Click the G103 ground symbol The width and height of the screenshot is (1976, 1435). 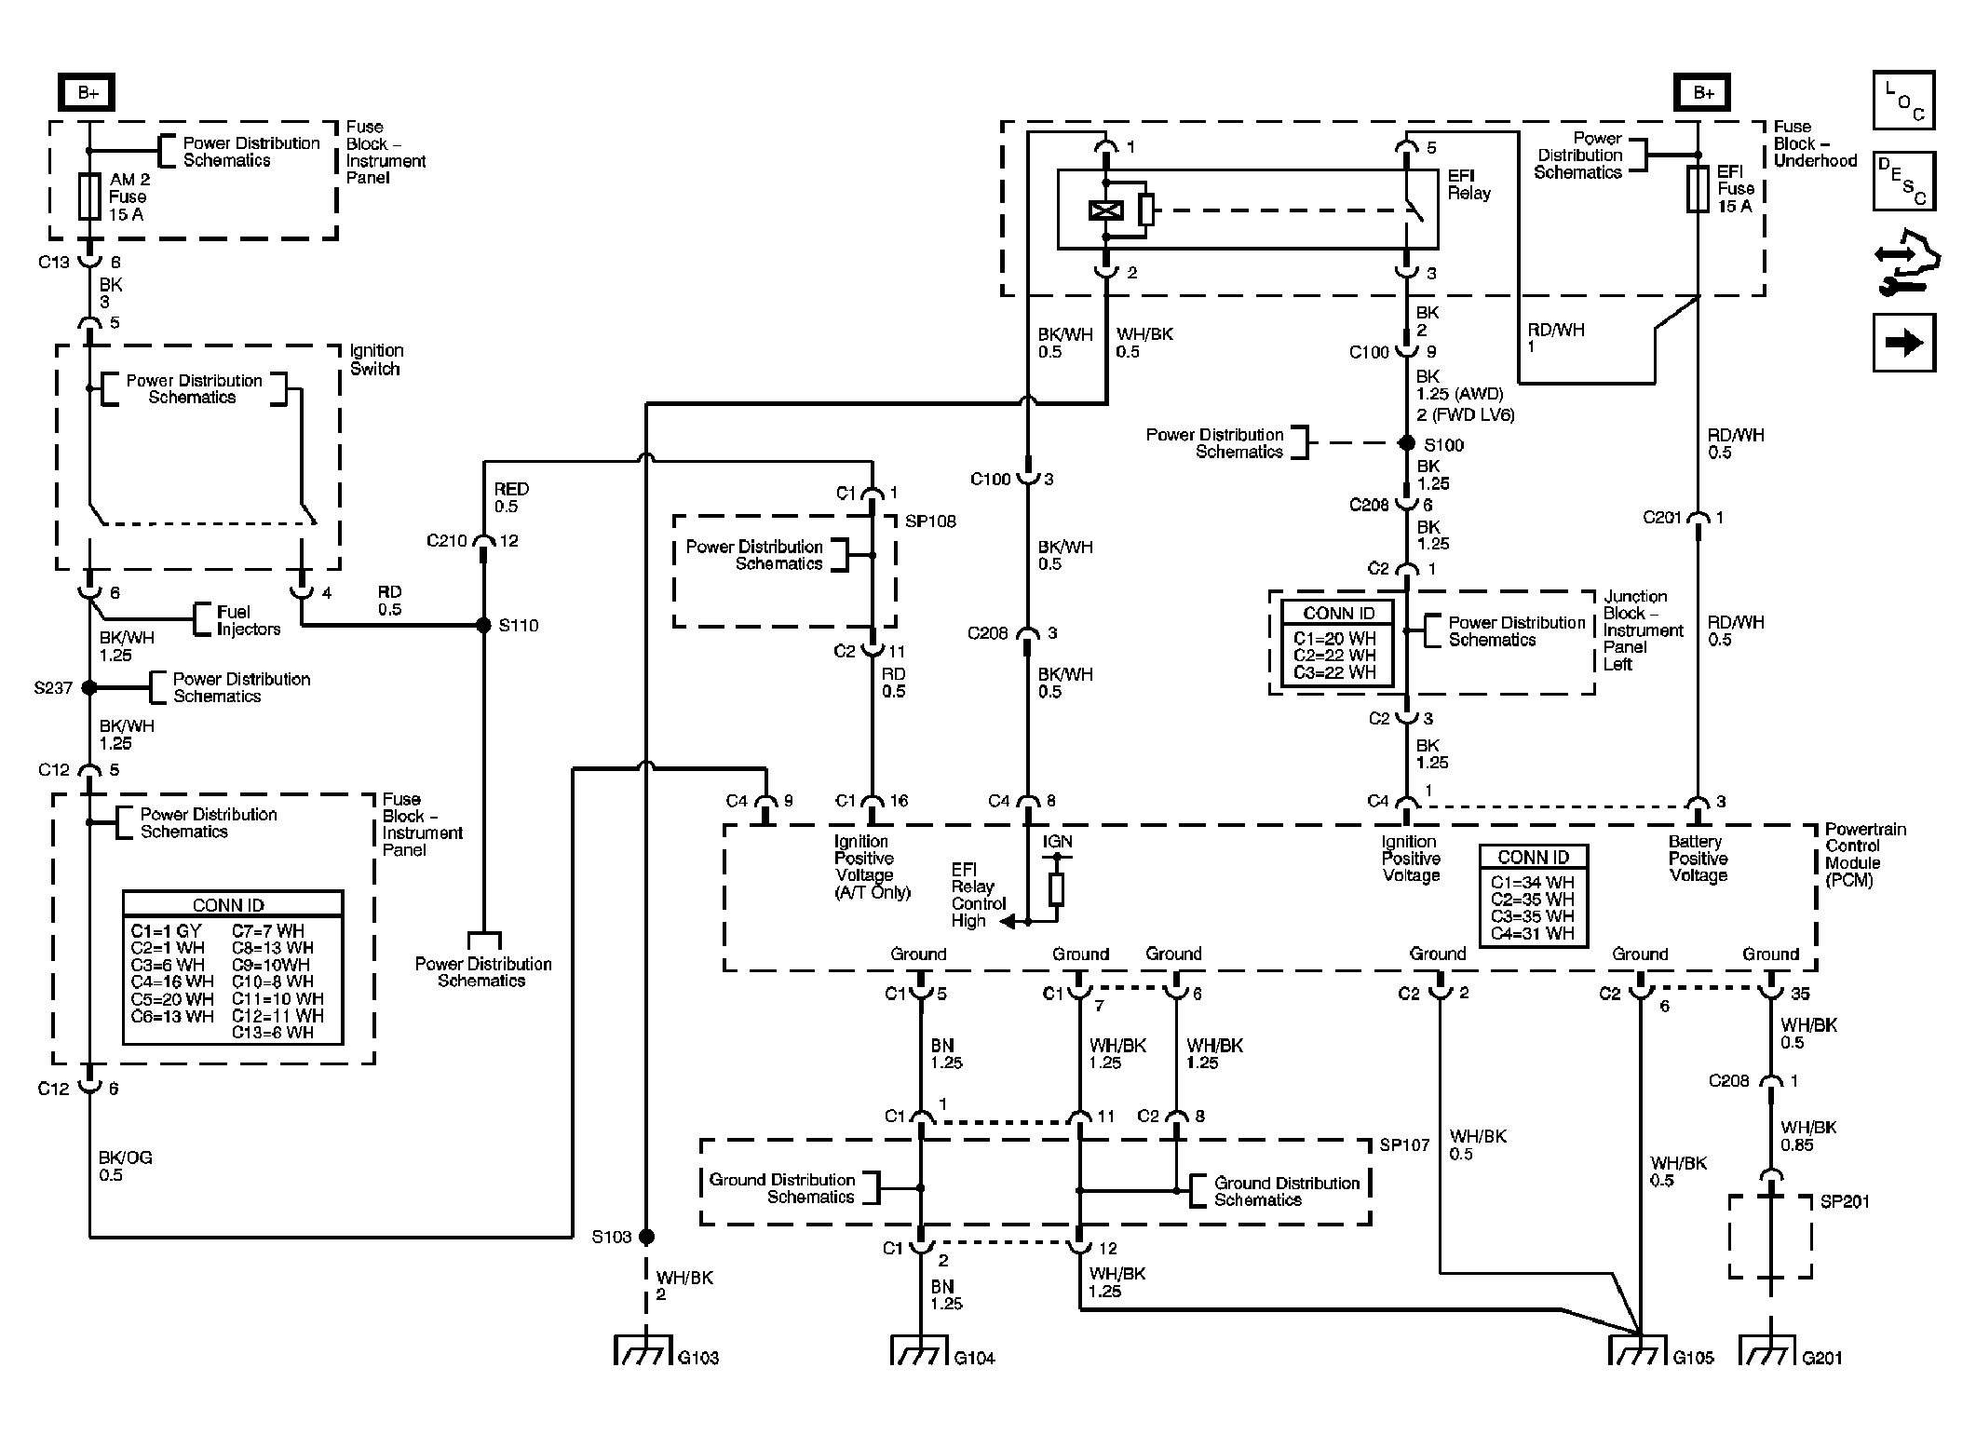(643, 1350)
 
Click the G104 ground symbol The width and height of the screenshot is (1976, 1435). (919, 1350)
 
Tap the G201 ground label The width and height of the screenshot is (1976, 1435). (1821, 1358)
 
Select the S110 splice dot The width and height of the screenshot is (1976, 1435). (483, 626)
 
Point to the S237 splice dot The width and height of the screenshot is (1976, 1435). (89, 688)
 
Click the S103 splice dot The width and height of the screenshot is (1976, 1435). (646, 1237)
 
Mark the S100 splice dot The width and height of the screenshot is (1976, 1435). (1407, 444)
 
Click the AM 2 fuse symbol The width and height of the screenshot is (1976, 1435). (89, 196)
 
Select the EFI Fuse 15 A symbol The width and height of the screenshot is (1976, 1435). (1698, 189)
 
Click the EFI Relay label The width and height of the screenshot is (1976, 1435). (1468, 184)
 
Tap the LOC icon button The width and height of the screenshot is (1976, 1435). (1903, 101)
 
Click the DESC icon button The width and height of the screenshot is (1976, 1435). (1903, 181)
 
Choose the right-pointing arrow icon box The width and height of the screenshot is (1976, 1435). (1903, 343)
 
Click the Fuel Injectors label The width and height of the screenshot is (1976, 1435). (248, 620)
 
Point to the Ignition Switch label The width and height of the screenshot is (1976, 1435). (375, 359)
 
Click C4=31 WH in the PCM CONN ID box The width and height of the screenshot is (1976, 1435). (1532, 933)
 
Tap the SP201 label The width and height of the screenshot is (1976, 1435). (1844, 1201)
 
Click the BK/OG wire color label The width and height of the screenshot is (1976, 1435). (125, 1157)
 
